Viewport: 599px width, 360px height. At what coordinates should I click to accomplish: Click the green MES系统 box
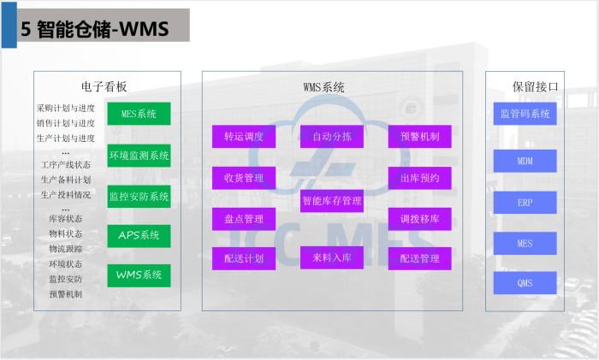click(x=139, y=114)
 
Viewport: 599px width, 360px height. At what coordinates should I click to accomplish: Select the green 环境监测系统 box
click(x=139, y=156)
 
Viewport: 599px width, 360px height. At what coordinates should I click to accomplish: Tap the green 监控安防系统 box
click(x=139, y=197)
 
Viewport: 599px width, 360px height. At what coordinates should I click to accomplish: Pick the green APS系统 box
click(x=139, y=236)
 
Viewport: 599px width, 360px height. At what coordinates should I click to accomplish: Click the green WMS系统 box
click(x=139, y=275)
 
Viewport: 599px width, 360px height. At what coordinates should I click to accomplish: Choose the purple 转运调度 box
click(x=244, y=137)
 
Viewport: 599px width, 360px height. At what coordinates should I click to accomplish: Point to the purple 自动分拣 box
click(x=331, y=137)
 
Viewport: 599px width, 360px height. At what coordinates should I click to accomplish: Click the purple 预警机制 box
click(x=419, y=137)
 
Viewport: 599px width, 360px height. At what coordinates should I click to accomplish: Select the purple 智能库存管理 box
click(x=331, y=201)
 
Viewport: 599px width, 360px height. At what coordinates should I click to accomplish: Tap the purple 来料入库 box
click(x=331, y=257)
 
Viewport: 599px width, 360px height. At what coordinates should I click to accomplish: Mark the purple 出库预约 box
click(x=419, y=178)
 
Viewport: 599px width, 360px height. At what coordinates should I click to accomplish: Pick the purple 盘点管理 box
click(x=244, y=219)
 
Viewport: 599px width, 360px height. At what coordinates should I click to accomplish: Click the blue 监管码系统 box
click(x=525, y=114)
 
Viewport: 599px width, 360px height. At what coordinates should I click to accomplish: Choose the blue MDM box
click(x=525, y=161)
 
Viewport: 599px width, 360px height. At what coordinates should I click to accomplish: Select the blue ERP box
click(x=525, y=203)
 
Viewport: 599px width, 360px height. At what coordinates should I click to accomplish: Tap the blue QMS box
click(x=525, y=283)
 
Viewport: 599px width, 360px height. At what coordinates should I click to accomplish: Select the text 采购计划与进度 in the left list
click(x=66, y=109)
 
